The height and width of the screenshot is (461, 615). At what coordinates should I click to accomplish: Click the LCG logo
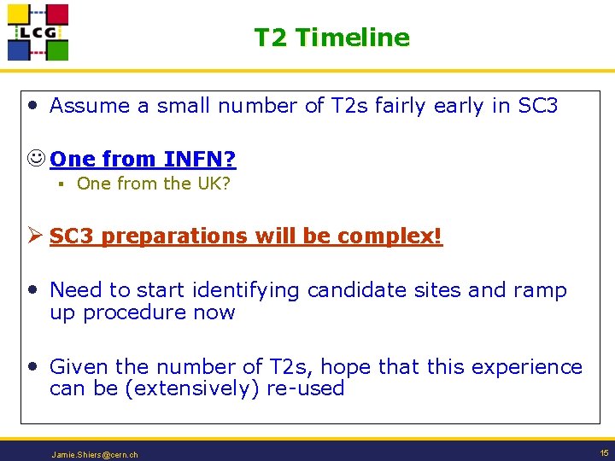(38, 32)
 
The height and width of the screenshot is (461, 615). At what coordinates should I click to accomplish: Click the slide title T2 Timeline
(331, 38)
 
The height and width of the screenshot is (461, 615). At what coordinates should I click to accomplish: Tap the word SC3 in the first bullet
(538, 106)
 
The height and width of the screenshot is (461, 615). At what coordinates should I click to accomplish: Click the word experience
(527, 367)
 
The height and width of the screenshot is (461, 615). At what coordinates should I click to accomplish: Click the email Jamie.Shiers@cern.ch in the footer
(95, 455)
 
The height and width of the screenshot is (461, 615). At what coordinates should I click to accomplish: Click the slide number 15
(604, 453)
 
